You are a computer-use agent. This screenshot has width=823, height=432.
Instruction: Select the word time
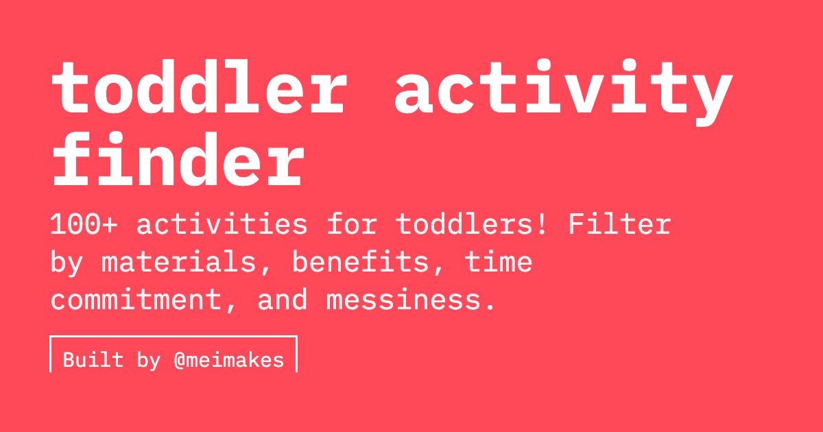coord(499,263)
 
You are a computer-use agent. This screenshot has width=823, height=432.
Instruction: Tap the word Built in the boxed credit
coord(93,360)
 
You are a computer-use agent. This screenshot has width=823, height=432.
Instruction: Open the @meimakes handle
coord(229,360)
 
